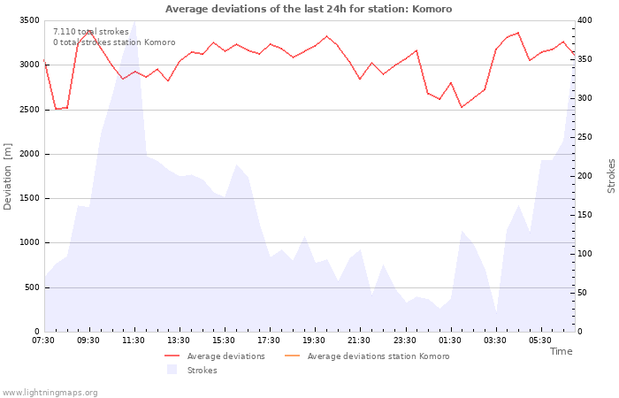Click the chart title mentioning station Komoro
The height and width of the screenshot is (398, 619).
[x=309, y=9]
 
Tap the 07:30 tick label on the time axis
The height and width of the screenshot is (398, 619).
[x=43, y=341]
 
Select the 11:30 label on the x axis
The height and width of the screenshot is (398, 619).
[x=134, y=341]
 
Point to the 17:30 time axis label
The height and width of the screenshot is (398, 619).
[x=269, y=341]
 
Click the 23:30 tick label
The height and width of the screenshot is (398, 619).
[x=405, y=341]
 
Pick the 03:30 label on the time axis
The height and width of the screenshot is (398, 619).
[x=495, y=341]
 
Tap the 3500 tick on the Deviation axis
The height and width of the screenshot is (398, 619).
[x=29, y=20]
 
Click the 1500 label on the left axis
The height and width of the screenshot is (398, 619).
[x=29, y=198]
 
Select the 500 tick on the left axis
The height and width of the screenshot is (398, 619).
[x=32, y=287]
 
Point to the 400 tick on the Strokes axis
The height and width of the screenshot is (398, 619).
[x=585, y=20]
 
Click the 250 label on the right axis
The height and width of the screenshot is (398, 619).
[x=585, y=137]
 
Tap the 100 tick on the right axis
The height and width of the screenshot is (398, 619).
[x=585, y=254]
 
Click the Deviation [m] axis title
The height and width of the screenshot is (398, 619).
[x=7, y=177]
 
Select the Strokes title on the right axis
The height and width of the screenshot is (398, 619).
[x=611, y=176]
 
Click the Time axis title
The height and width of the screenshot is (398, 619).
[x=561, y=351]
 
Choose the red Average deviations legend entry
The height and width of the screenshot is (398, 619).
[x=215, y=356]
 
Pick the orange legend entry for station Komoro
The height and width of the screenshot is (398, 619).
[x=367, y=356]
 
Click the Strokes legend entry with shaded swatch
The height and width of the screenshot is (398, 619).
[x=192, y=371]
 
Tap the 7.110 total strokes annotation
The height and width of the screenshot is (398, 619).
[x=91, y=32]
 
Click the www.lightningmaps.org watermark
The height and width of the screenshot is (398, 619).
[x=50, y=393]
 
